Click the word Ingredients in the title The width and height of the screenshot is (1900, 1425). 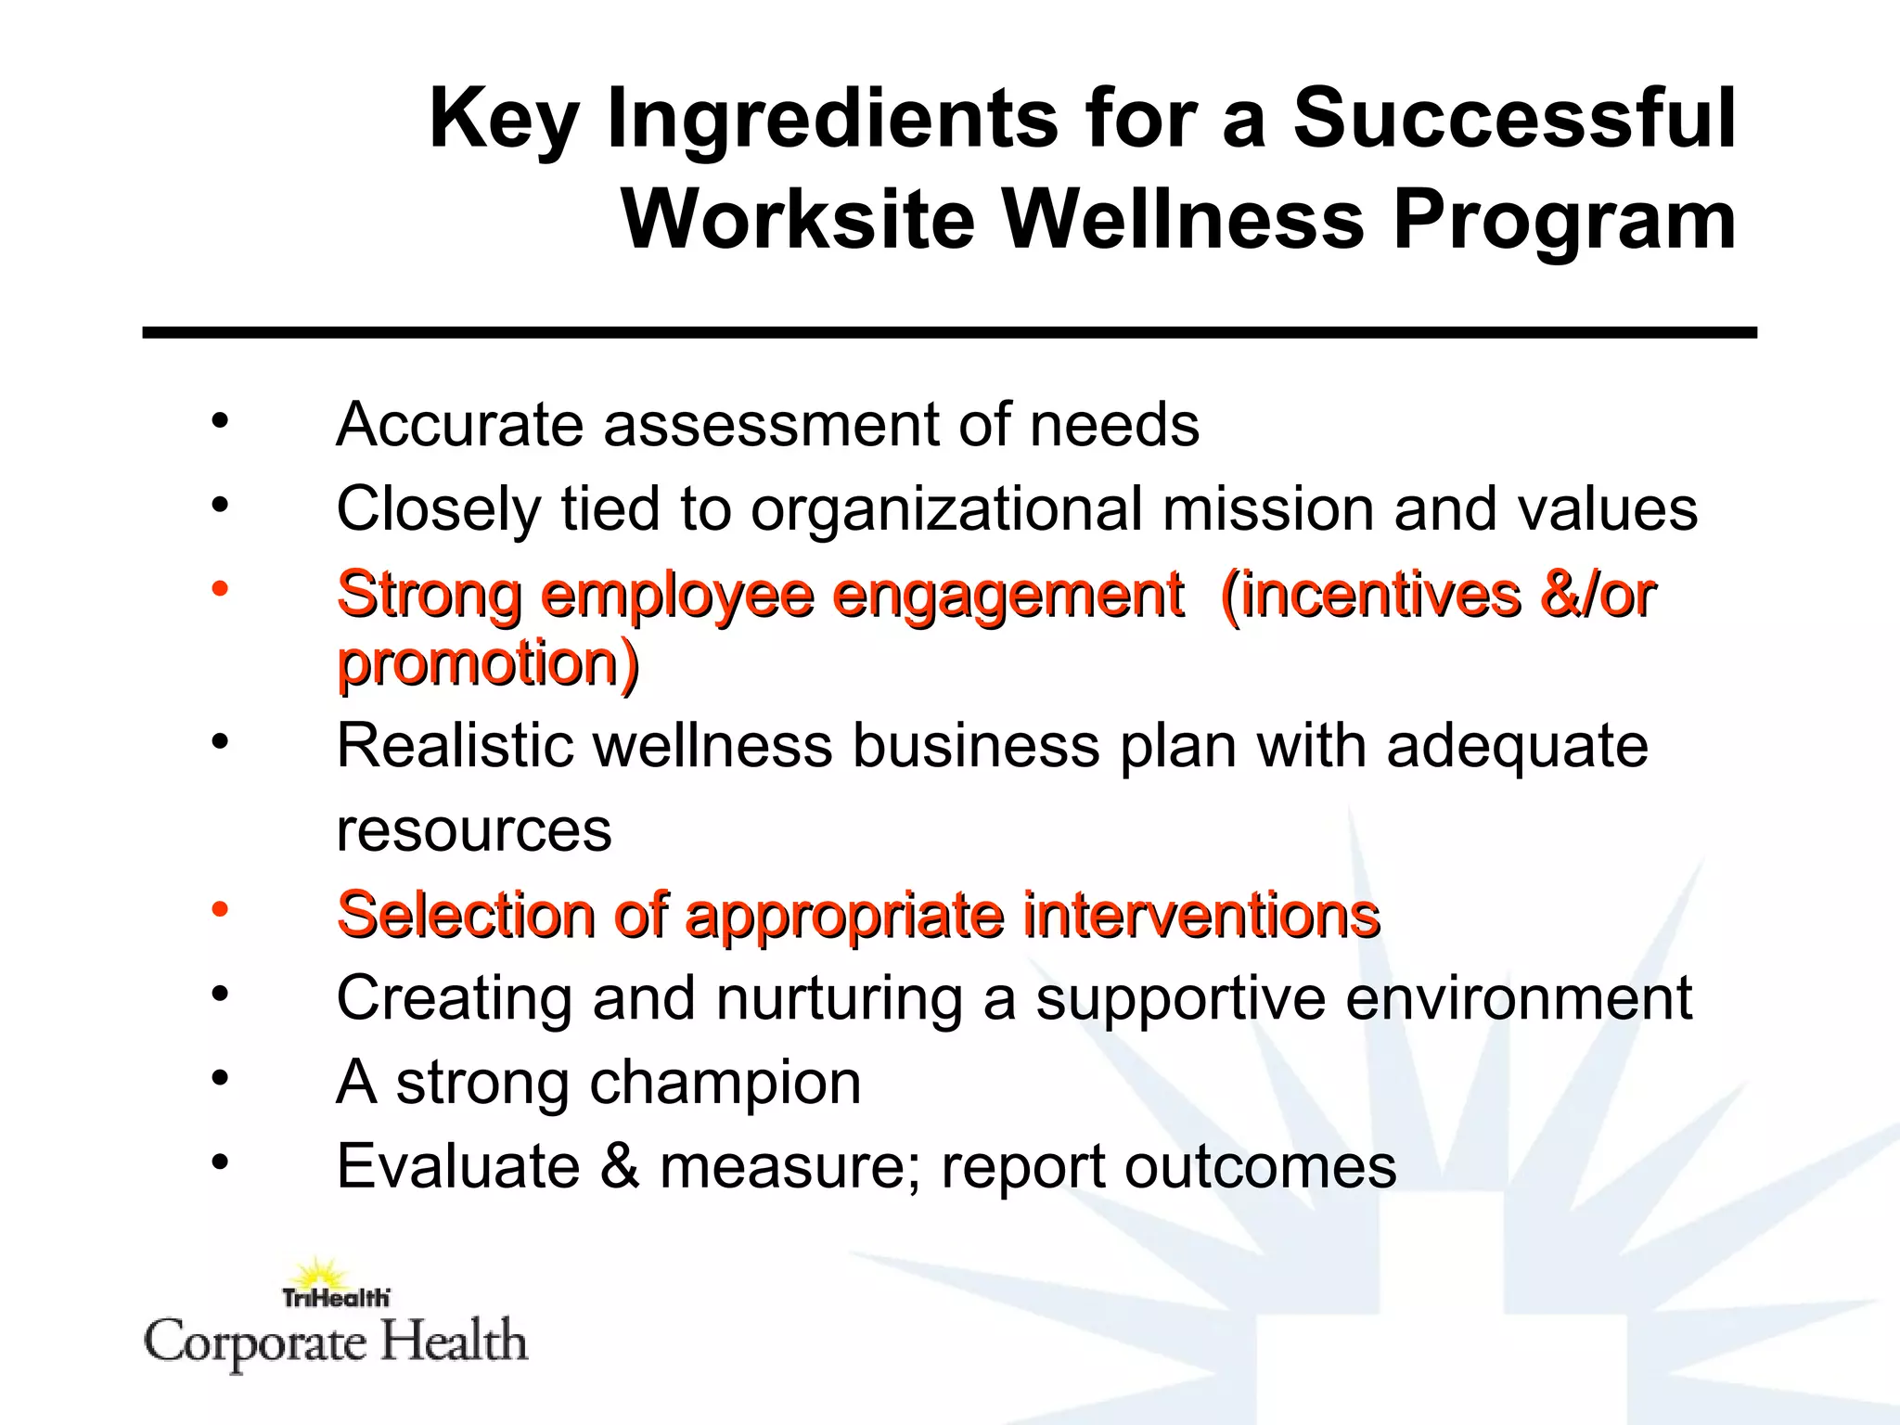pos(832,119)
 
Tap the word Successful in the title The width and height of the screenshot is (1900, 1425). pos(1514,119)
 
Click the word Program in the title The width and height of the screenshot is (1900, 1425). pos(1564,220)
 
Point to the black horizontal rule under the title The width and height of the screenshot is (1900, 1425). pos(949,332)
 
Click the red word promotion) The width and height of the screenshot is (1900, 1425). pos(488,664)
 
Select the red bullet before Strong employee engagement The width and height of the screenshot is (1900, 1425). pos(219,588)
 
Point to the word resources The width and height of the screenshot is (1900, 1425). pos(473,830)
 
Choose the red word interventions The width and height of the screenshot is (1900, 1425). pos(1201,915)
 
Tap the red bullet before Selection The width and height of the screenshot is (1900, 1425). pos(219,909)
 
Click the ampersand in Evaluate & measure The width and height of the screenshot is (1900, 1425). pos(619,1166)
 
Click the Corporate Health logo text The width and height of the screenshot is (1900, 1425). pos(336,1342)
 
